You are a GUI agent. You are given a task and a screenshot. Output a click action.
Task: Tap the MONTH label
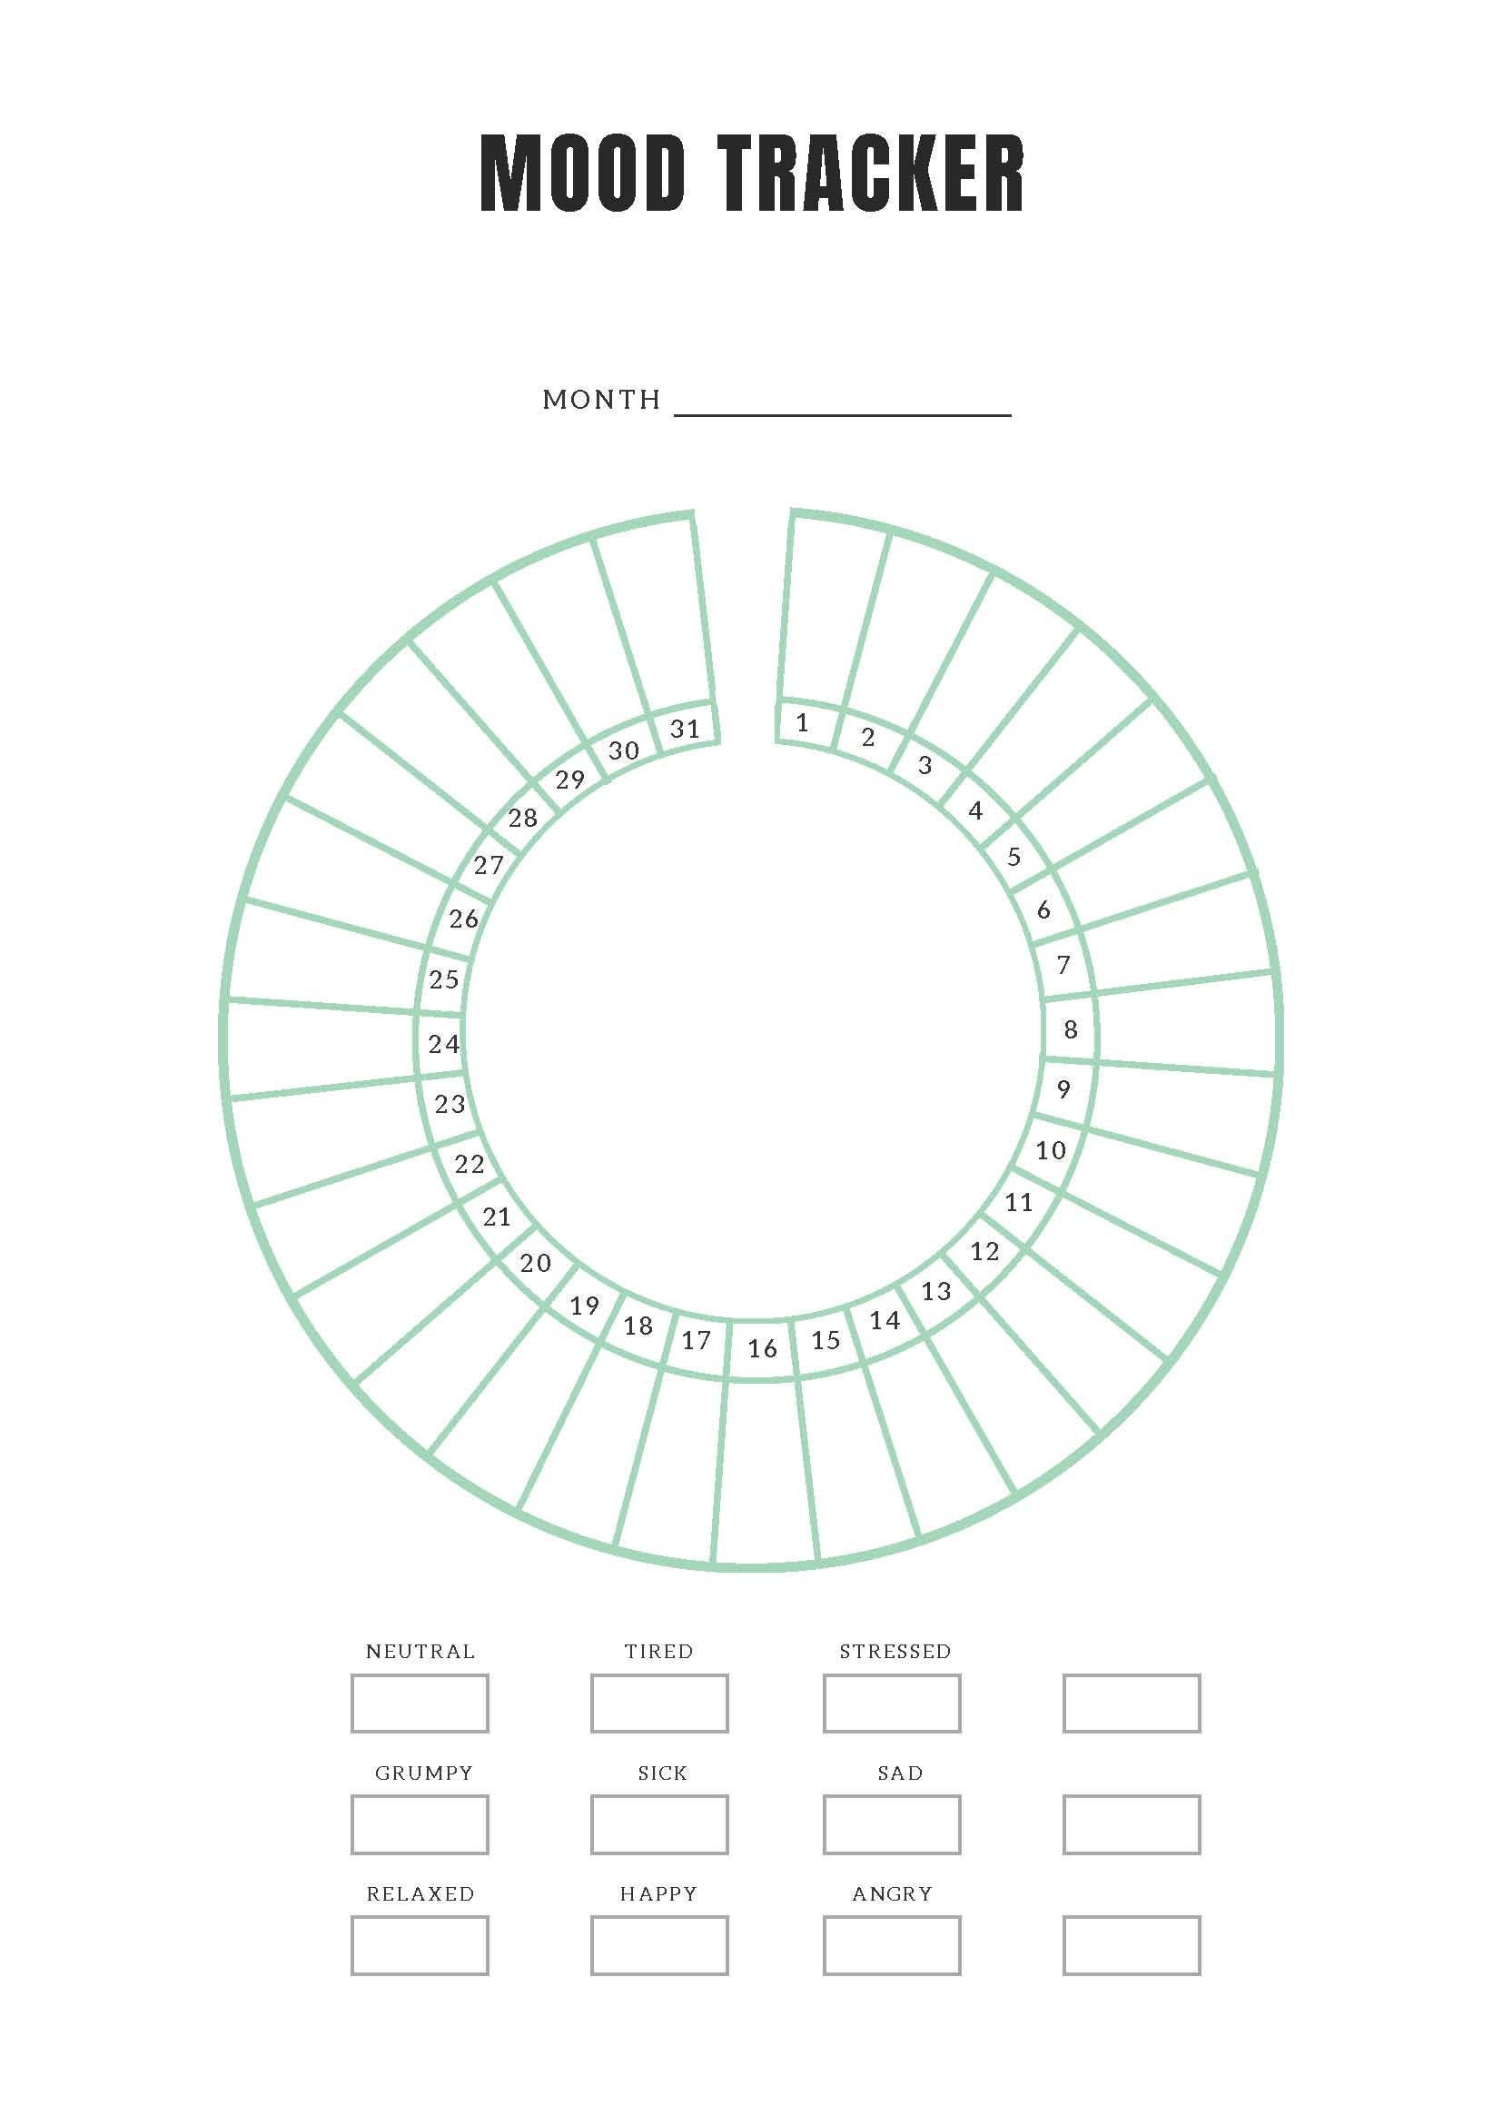click(x=601, y=399)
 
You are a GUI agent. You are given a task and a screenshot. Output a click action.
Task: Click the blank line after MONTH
click(x=842, y=415)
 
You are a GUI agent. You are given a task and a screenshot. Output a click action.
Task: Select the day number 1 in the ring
click(x=803, y=722)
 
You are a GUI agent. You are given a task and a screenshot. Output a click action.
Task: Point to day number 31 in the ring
click(x=685, y=729)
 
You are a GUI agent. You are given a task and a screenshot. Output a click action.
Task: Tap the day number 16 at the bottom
click(x=762, y=1348)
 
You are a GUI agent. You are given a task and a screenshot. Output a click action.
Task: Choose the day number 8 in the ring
click(x=1071, y=1028)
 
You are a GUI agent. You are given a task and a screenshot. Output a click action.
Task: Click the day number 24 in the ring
click(x=444, y=1044)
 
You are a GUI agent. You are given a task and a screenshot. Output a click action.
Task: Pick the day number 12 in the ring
click(x=984, y=1251)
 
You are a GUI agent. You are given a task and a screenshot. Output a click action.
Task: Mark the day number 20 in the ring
click(x=536, y=1262)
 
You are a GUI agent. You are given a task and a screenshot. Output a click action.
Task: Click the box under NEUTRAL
click(x=420, y=1703)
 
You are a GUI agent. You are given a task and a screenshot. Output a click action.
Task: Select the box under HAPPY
click(x=659, y=1945)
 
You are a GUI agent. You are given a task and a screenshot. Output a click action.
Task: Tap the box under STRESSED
click(x=891, y=1703)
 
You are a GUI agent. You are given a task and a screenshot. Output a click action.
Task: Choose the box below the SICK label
click(x=659, y=1824)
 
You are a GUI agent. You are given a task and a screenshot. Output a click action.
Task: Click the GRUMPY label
click(x=424, y=1773)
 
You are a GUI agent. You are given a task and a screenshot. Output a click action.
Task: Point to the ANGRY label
click(x=892, y=1894)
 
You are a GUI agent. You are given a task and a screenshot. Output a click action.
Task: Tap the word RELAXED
click(x=421, y=1894)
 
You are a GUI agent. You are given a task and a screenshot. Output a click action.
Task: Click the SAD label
click(x=901, y=1773)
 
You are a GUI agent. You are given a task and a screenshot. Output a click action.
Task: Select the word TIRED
click(x=659, y=1652)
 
